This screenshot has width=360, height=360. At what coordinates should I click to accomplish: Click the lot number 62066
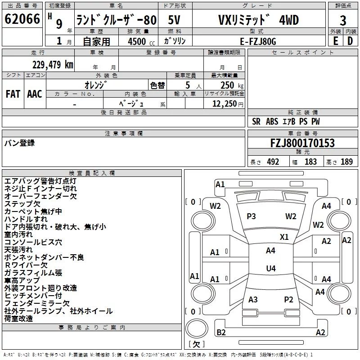coord(22,19)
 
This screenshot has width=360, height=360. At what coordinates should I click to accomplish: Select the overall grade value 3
coord(343,20)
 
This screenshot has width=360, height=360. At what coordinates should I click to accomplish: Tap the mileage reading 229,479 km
coord(53,65)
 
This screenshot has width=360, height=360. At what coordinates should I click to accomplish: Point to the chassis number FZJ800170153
coord(302,143)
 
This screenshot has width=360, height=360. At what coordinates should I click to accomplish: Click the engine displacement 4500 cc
coord(141,41)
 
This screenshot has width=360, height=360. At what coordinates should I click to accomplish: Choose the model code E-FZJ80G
coord(258,41)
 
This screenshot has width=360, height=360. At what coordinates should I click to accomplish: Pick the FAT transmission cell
coord(13,94)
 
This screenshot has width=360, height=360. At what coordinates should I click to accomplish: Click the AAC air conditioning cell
coord(35,94)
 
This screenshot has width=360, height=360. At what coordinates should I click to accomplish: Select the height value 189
coord(346,162)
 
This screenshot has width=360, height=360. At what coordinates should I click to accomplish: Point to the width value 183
coord(310,162)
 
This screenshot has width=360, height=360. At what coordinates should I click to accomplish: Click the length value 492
coord(273,162)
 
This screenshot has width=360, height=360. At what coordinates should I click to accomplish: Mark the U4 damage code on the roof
coord(271,268)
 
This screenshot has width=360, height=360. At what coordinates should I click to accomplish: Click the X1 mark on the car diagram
coord(284,237)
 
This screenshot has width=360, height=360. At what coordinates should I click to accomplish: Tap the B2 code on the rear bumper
coord(221,332)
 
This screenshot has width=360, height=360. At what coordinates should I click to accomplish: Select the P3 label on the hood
coord(251,216)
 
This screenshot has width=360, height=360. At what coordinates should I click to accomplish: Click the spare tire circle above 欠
coord(197,328)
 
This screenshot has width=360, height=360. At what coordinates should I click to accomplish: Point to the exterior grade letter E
coord(336,41)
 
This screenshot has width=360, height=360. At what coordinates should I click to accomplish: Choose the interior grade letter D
coord(350,41)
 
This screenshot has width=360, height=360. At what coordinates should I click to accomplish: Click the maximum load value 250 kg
coord(232,85)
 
